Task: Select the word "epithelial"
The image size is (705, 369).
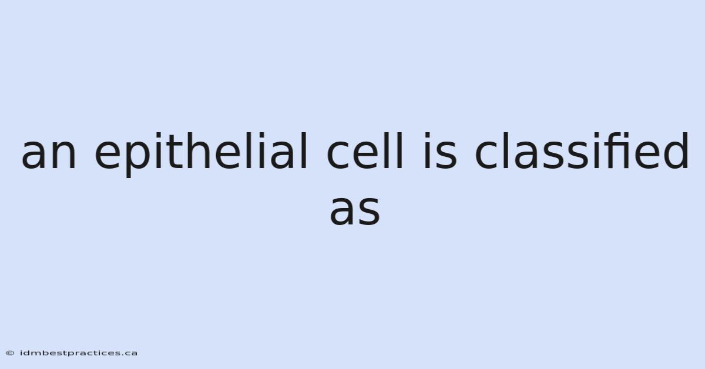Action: (201, 155)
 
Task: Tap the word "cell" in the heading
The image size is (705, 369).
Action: (365, 151)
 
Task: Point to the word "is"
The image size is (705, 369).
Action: (440, 151)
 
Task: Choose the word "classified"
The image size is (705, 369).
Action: (582, 151)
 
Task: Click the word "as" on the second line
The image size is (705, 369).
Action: (355, 210)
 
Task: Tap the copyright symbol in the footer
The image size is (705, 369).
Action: (10, 353)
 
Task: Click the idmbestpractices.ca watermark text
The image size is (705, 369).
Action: (79, 353)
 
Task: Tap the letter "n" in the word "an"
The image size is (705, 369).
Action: (65, 155)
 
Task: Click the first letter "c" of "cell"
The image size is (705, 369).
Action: (338, 155)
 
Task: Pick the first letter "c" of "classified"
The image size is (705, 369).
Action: (486, 155)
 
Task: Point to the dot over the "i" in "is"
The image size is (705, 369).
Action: (427, 135)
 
